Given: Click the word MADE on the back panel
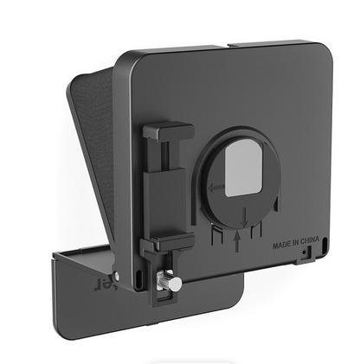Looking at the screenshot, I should (x=280, y=244).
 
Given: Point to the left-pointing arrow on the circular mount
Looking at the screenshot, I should (x=215, y=185).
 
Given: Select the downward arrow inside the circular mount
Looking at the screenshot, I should (x=245, y=212).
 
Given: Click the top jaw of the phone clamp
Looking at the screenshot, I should (x=168, y=131).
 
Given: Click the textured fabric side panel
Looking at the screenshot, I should (x=96, y=138).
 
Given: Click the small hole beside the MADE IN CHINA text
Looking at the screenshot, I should (x=305, y=254).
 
